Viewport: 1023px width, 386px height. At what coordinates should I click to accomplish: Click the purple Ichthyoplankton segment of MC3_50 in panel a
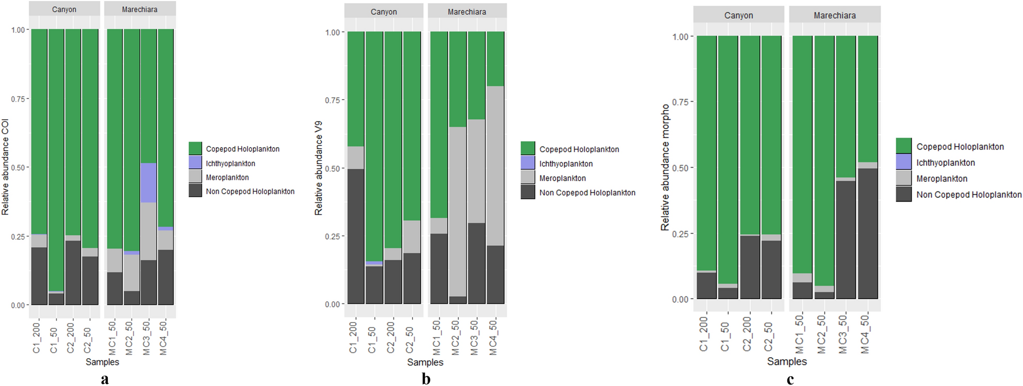pyautogui.click(x=149, y=183)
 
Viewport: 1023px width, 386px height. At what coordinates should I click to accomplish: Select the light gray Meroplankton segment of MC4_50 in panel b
pyautogui.click(x=495, y=165)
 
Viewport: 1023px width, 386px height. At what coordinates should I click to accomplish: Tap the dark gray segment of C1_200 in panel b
pyautogui.click(x=356, y=236)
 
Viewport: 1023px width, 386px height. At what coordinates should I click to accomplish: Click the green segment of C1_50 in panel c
pyautogui.click(x=728, y=155)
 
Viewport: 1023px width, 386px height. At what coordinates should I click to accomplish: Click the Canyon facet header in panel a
pyautogui.click(x=64, y=9)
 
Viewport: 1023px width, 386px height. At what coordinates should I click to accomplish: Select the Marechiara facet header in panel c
pyautogui.click(x=834, y=15)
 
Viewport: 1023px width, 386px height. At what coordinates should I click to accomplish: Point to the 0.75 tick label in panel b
pyautogui.click(x=333, y=100)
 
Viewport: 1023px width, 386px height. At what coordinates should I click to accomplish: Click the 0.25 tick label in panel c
pyautogui.click(x=680, y=234)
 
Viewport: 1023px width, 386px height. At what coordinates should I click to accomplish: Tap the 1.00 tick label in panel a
pyautogui.click(x=18, y=30)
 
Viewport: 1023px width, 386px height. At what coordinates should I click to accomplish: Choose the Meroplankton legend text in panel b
pyautogui.click(x=563, y=178)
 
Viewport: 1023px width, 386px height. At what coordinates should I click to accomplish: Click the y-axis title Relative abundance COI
pyautogui.click(x=5, y=167)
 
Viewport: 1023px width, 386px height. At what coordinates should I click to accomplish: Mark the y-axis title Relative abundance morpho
pyautogui.click(x=665, y=167)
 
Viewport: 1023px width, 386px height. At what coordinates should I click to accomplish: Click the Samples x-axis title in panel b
pyautogui.click(x=425, y=362)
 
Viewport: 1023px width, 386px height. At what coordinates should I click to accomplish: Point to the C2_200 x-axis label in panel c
pyautogui.click(x=747, y=334)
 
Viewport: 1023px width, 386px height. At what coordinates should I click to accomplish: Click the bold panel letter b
pyautogui.click(x=426, y=379)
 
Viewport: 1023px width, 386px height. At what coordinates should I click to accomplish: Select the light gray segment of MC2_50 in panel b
pyautogui.click(x=457, y=212)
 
